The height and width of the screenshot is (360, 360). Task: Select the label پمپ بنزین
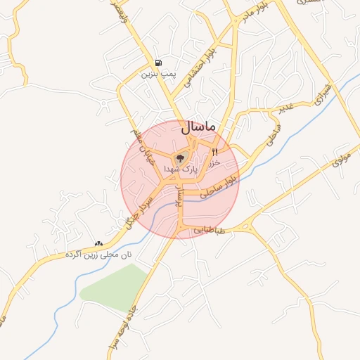point(157,73)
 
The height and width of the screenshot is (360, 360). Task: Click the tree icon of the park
point(180,158)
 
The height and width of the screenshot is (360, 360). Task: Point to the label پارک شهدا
point(181,169)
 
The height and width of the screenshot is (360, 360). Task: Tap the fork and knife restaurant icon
point(214,152)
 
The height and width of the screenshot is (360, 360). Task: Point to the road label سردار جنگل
point(139,211)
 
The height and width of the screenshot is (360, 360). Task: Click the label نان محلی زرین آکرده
point(98,254)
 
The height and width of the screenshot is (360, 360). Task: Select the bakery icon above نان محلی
point(98,243)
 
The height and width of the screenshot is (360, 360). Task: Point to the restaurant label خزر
point(214,162)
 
